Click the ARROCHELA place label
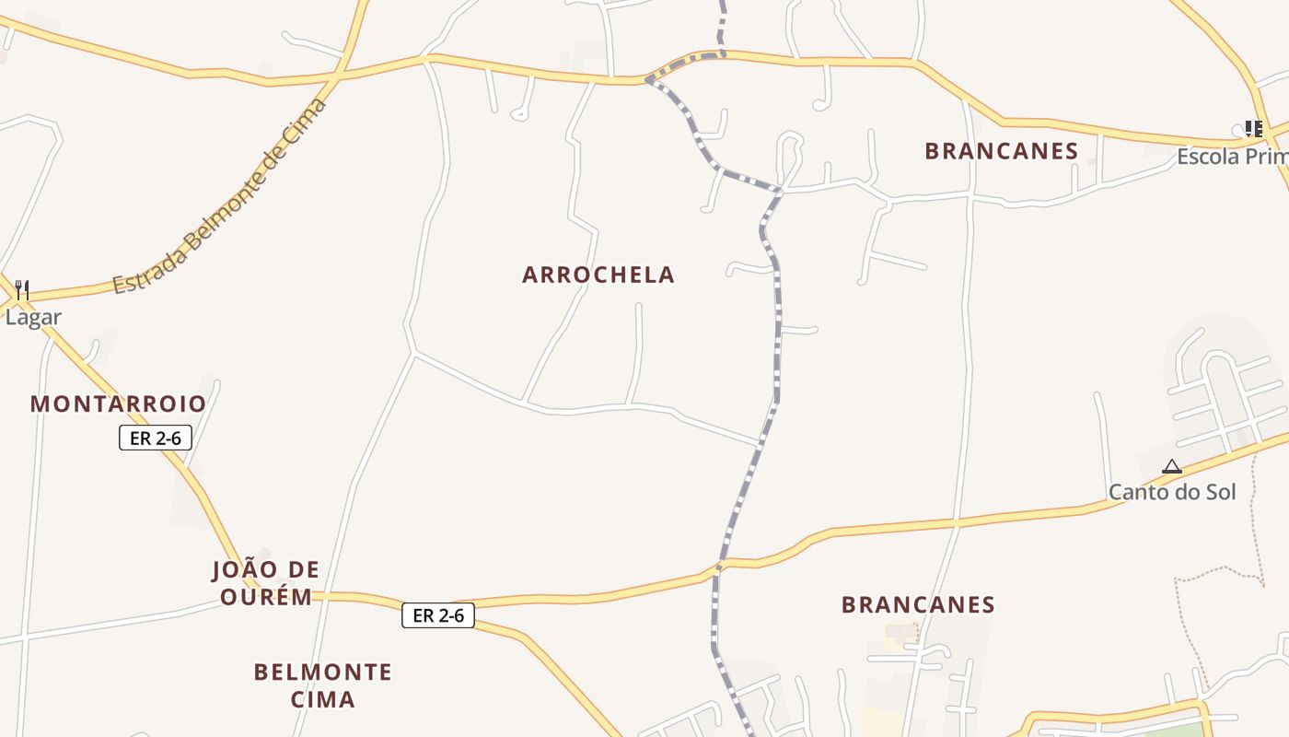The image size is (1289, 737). click(598, 275)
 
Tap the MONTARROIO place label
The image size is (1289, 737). click(118, 404)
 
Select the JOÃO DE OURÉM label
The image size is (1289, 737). click(265, 582)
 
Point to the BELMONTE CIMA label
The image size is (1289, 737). click(323, 684)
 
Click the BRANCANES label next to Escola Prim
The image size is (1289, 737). click(1001, 151)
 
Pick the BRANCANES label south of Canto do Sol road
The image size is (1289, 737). click(918, 604)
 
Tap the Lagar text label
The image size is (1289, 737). click(33, 318)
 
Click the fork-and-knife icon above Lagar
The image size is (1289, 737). click(22, 290)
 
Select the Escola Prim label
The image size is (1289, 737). click(1232, 157)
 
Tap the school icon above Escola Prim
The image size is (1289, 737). click(1253, 129)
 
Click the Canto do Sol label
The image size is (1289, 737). click(1172, 492)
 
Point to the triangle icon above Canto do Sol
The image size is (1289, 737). click(1171, 467)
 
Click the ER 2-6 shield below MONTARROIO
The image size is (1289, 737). click(156, 438)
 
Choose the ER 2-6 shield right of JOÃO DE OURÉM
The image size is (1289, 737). click(438, 615)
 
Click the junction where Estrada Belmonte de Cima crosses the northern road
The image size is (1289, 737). click(341, 72)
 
